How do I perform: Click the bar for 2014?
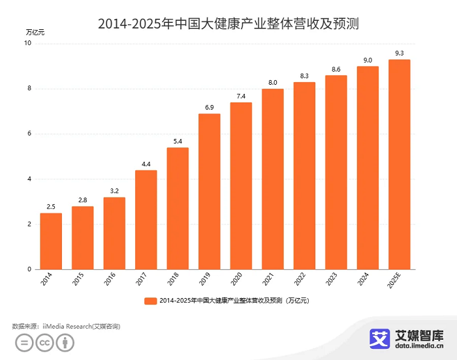[51, 241]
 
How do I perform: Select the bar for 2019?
[210, 192]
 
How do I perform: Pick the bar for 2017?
[146, 220]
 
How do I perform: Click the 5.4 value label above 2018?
[178, 141]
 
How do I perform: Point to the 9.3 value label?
[400, 53]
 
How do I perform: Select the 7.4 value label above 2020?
[241, 96]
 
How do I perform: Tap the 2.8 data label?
[83, 200]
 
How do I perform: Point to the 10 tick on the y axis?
[27, 44]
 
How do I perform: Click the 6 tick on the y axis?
[29, 134]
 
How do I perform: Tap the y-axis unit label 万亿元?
[36, 31]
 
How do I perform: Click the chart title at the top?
[228, 24]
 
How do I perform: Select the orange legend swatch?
[150, 301]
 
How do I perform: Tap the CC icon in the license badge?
[44, 342]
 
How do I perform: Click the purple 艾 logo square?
[380, 338]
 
